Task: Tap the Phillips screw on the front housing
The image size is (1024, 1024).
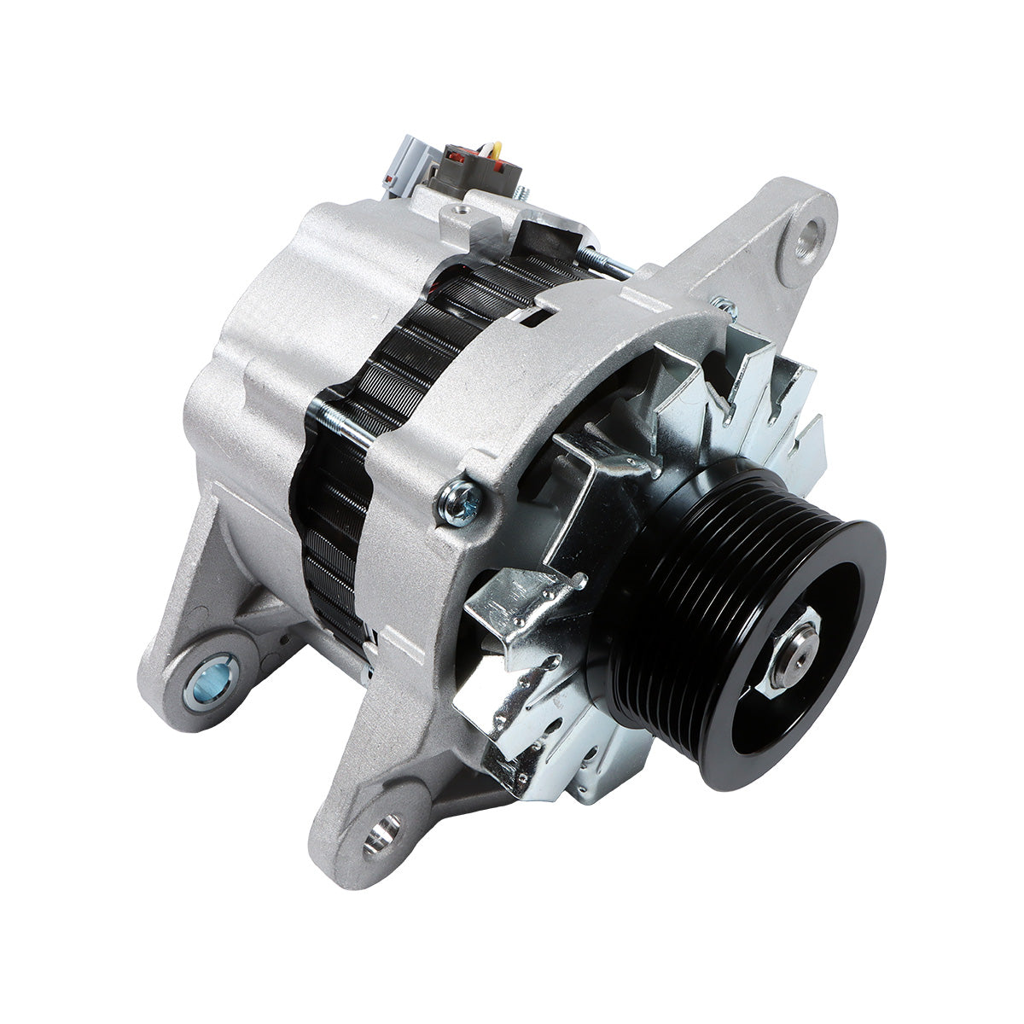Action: coord(457,502)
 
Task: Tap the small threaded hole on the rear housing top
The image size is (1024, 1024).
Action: coord(462,207)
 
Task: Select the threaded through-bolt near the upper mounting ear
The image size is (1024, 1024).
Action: coord(610,264)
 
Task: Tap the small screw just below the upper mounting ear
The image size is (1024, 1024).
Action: coord(724,304)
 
